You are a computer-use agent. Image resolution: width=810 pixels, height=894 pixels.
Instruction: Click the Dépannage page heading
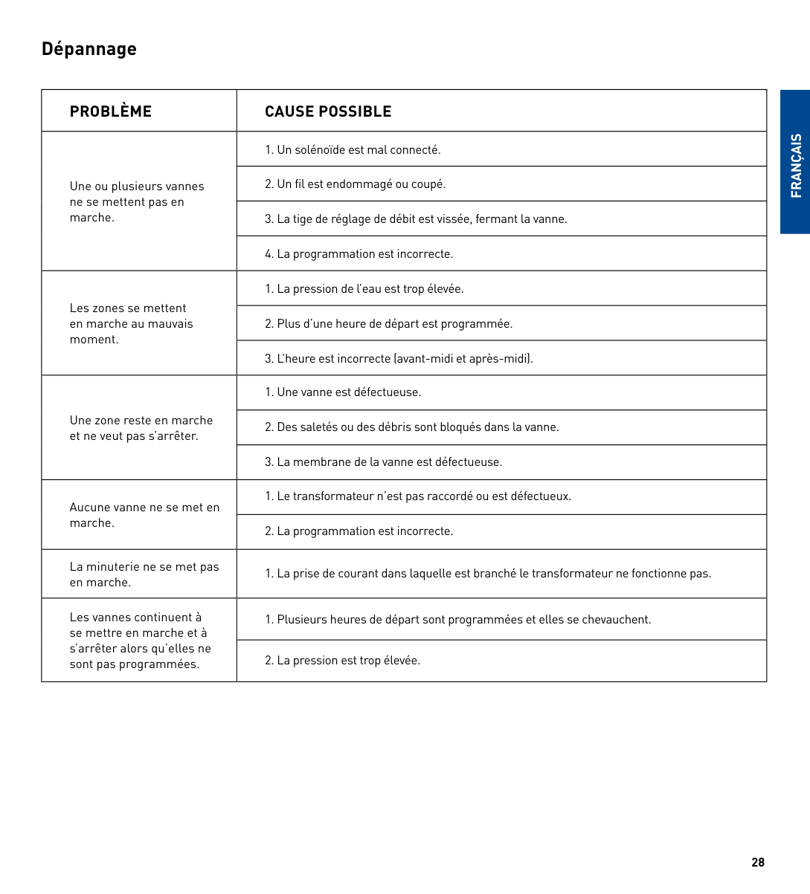pyautogui.click(x=89, y=49)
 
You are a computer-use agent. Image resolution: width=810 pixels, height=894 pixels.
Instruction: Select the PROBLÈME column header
pyautogui.click(x=111, y=111)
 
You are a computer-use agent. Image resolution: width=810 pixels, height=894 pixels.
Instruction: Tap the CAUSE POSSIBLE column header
pyautogui.click(x=328, y=111)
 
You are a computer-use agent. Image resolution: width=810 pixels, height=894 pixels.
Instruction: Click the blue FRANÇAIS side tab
pyautogui.click(x=795, y=165)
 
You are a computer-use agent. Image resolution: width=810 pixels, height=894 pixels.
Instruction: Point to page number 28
pyautogui.click(x=758, y=862)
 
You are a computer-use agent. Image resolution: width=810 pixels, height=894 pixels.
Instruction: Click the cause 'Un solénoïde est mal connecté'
pyautogui.click(x=353, y=150)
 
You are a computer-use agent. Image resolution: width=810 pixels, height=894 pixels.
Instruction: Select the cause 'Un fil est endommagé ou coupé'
pyautogui.click(x=356, y=184)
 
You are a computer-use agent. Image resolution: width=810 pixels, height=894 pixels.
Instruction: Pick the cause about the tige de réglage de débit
pyautogui.click(x=416, y=219)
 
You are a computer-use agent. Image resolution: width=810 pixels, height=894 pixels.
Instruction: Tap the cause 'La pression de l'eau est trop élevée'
pyautogui.click(x=364, y=289)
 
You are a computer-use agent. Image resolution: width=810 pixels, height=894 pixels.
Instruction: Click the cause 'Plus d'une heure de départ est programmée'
pyautogui.click(x=388, y=324)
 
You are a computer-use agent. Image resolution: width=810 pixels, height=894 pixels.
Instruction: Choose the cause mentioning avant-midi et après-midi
pyautogui.click(x=399, y=359)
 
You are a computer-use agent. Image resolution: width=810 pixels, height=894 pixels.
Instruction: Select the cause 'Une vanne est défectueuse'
pyautogui.click(x=343, y=392)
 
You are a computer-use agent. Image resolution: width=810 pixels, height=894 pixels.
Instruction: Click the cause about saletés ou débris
pyautogui.click(x=412, y=427)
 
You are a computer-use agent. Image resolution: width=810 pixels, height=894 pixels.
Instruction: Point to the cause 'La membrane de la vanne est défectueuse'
pyautogui.click(x=384, y=462)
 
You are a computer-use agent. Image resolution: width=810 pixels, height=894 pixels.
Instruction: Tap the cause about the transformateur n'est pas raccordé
pyautogui.click(x=418, y=496)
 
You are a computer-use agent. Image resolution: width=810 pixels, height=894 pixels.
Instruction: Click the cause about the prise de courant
pyautogui.click(x=488, y=574)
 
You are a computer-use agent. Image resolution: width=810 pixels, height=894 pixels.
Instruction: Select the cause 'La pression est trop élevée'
pyautogui.click(x=342, y=661)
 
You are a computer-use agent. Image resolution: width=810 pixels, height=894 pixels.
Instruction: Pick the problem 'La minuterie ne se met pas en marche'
pyautogui.click(x=144, y=574)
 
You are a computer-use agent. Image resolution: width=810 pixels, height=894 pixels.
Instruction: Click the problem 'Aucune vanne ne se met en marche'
pyautogui.click(x=144, y=515)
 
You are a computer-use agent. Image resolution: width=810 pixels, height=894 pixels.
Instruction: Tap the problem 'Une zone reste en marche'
pyautogui.click(x=141, y=428)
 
